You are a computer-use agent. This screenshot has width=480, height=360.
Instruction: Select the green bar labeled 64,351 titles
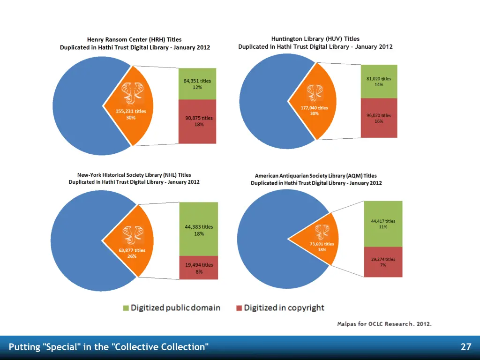click(197, 84)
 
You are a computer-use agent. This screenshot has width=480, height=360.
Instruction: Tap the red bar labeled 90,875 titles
click(197, 121)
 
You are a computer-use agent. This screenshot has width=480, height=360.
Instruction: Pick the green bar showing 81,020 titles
click(379, 82)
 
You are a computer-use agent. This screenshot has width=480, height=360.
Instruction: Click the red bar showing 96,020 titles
click(379, 118)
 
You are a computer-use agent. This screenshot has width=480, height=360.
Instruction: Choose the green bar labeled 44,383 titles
click(199, 229)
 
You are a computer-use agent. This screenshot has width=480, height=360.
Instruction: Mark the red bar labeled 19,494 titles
click(199, 268)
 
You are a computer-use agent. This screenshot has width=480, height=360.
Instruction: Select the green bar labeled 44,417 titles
click(383, 224)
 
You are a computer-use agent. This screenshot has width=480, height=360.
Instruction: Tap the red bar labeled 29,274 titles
click(383, 262)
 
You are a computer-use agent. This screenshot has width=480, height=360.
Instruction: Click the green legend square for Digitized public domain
click(126, 308)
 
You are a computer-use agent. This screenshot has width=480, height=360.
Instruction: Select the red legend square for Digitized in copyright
click(239, 308)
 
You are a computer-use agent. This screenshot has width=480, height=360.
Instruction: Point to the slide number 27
click(465, 347)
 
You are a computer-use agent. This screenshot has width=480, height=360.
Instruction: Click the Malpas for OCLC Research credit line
click(384, 324)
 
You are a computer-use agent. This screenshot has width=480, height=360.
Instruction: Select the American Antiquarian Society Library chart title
click(316, 179)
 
